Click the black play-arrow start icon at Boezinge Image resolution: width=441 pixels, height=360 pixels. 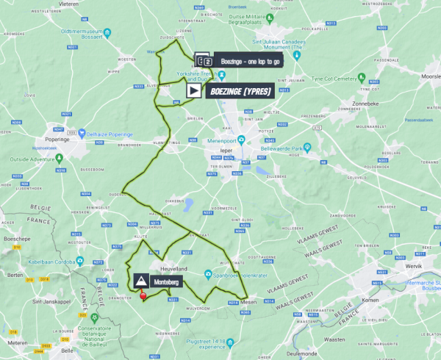tap(193, 90)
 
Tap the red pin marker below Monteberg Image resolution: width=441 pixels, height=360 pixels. tap(143, 296)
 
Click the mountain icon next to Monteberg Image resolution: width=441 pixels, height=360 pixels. tap(140, 281)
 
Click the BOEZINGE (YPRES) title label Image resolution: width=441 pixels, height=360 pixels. tap(241, 91)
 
